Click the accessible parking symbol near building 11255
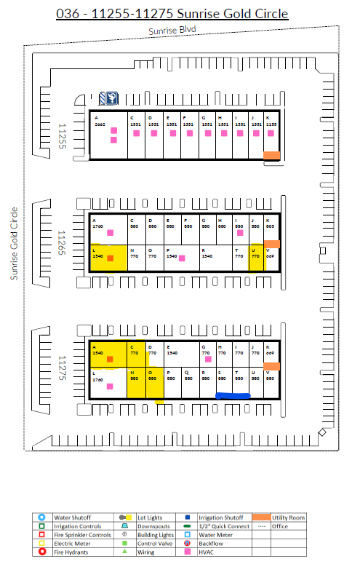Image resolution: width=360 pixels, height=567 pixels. (x=113, y=98)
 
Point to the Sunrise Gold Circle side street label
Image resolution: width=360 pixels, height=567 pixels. (x=13, y=243)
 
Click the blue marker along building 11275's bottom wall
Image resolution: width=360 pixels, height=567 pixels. (x=233, y=395)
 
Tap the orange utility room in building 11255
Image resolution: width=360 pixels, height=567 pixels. (x=271, y=155)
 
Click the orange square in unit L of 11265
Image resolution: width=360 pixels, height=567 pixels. (x=111, y=258)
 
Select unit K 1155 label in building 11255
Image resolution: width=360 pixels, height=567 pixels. (x=271, y=122)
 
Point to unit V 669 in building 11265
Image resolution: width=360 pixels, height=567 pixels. (x=271, y=253)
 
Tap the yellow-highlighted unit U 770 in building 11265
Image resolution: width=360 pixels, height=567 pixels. (x=255, y=258)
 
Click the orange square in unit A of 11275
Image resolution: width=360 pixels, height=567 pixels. (x=110, y=359)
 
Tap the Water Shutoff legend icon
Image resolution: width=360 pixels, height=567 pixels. (x=41, y=518)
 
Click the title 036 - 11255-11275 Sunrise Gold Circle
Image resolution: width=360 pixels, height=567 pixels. (x=172, y=14)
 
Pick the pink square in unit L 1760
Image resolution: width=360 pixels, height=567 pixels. (x=110, y=386)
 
